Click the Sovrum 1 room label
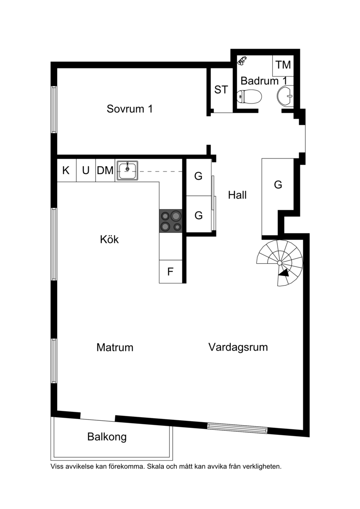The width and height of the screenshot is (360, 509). point(130,109)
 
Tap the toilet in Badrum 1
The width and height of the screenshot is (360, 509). point(249,96)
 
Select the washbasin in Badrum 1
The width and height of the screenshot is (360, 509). point(286,96)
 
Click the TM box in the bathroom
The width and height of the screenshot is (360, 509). point(283,65)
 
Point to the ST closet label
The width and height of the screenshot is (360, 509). point(221,90)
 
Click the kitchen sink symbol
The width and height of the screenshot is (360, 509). point(127,171)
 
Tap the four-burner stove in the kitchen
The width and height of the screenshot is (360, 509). point(171,221)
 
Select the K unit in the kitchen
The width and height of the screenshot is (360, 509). point(66,170)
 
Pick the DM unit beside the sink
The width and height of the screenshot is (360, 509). point(105,170)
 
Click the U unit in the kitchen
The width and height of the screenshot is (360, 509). point(85,170)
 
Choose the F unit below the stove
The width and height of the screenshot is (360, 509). point(171,271)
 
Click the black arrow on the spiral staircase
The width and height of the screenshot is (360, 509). point(283,273)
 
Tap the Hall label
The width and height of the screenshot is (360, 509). point(237,195)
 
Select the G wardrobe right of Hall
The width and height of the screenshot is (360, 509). point(278,185)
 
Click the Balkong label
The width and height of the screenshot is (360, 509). point(107,437)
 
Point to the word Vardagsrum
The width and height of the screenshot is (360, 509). point(238,347)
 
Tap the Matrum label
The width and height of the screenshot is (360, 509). point(115,348)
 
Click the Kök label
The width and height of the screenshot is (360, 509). point(109,239)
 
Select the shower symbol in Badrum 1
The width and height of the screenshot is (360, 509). point(242,60)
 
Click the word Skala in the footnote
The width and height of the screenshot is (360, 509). point(154,467)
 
